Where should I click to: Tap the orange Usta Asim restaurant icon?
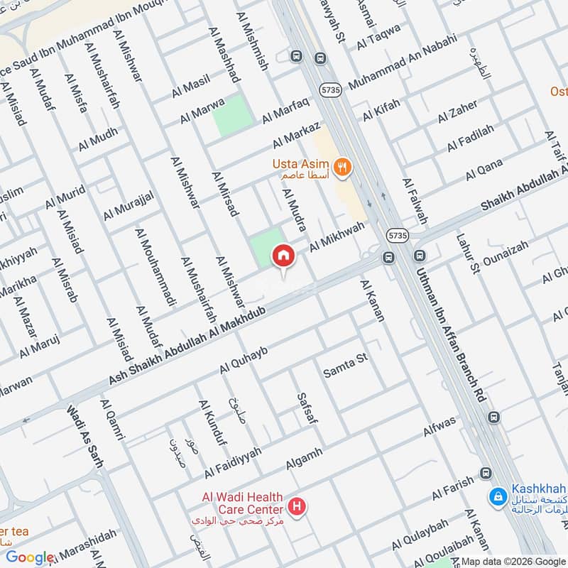(344, 168)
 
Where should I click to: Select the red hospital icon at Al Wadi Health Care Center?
(297, 507)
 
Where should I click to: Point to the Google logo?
(30, 557)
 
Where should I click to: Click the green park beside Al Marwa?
(234, 116)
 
